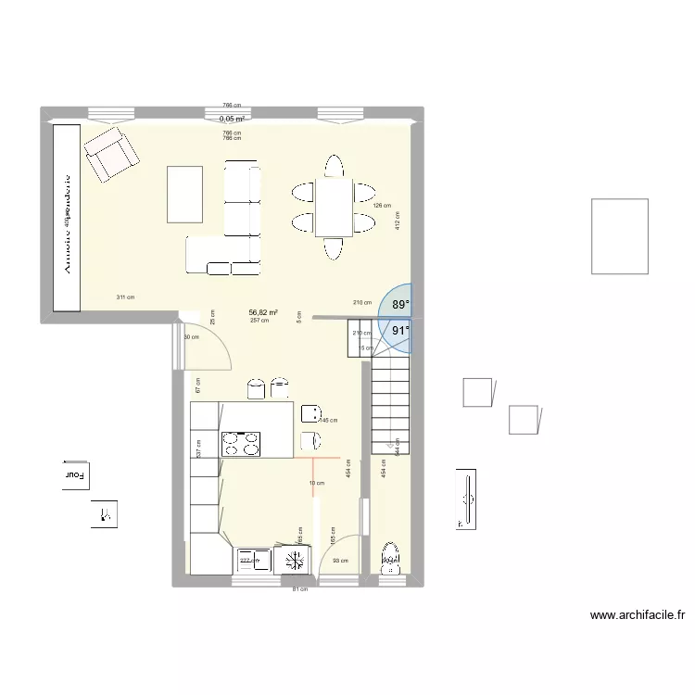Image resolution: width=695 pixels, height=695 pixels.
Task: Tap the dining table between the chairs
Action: (333, 207)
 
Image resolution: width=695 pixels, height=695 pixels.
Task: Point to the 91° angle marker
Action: (399, 330)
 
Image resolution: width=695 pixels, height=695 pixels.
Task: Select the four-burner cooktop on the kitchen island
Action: (242, 444)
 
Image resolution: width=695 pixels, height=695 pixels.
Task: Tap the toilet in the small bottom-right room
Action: (390, 557)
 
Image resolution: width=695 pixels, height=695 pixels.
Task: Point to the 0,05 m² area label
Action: (232, 119)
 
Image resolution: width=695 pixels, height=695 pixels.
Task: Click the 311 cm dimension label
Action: (125, 297)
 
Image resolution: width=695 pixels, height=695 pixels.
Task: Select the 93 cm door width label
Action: (341, 560)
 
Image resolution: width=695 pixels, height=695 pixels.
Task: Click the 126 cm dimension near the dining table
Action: (382, 206)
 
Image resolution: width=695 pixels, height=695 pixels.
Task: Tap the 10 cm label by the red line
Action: (317, 484)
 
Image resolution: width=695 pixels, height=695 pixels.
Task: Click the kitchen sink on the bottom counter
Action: (252, 560)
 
